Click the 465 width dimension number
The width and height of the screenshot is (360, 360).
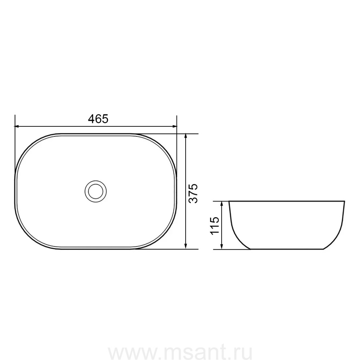point(98,119)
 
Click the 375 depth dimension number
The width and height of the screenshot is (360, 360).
point(193,193)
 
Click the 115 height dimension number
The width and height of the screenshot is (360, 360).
point(215,225)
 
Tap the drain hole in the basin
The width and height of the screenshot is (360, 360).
point(96,191)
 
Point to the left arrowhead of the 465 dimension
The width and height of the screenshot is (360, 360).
point(17,126)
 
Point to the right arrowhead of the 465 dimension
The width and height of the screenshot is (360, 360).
point(174,126)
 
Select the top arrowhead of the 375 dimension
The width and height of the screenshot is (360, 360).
point(186,136)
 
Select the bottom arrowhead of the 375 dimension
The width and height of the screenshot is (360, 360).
point(186,246)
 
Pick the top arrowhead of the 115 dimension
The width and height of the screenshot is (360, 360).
point(222,204)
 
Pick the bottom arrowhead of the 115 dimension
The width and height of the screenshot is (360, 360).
point(222,246)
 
